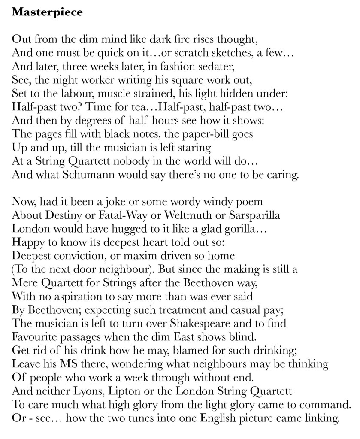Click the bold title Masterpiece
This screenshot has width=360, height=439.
click(x=47, y=12)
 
